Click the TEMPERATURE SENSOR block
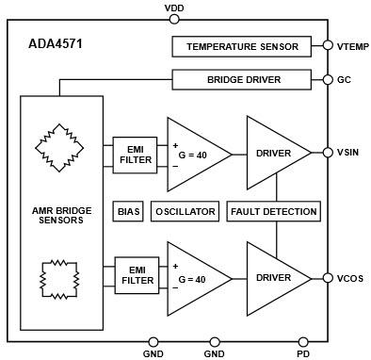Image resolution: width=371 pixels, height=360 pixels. tap(242, 46)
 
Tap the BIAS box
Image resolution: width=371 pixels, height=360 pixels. tap(128, 211)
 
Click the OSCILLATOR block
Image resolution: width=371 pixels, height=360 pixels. tap(185, 211)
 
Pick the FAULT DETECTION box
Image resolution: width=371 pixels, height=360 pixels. tap(274, 211)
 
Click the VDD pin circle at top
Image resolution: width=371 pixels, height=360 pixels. tap(174, 20)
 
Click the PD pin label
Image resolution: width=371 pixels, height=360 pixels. tap(303, 354)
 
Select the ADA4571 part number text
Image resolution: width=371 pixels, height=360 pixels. tap(55, 43)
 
